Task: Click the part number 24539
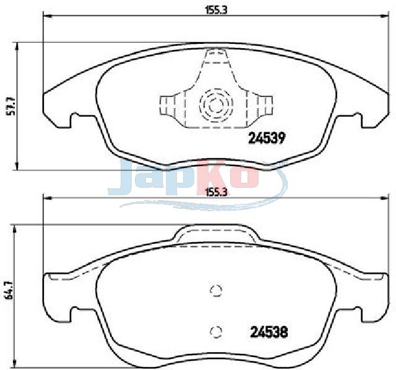coord(267,138)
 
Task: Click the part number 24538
coord(269,332)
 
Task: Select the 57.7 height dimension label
coord(11,106)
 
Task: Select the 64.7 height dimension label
coord(9,290)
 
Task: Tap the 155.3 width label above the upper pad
coord(217,11)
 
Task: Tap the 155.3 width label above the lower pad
coord(217,192)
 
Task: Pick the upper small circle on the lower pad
coord(216,290)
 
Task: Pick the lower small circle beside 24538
coord(216,332)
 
